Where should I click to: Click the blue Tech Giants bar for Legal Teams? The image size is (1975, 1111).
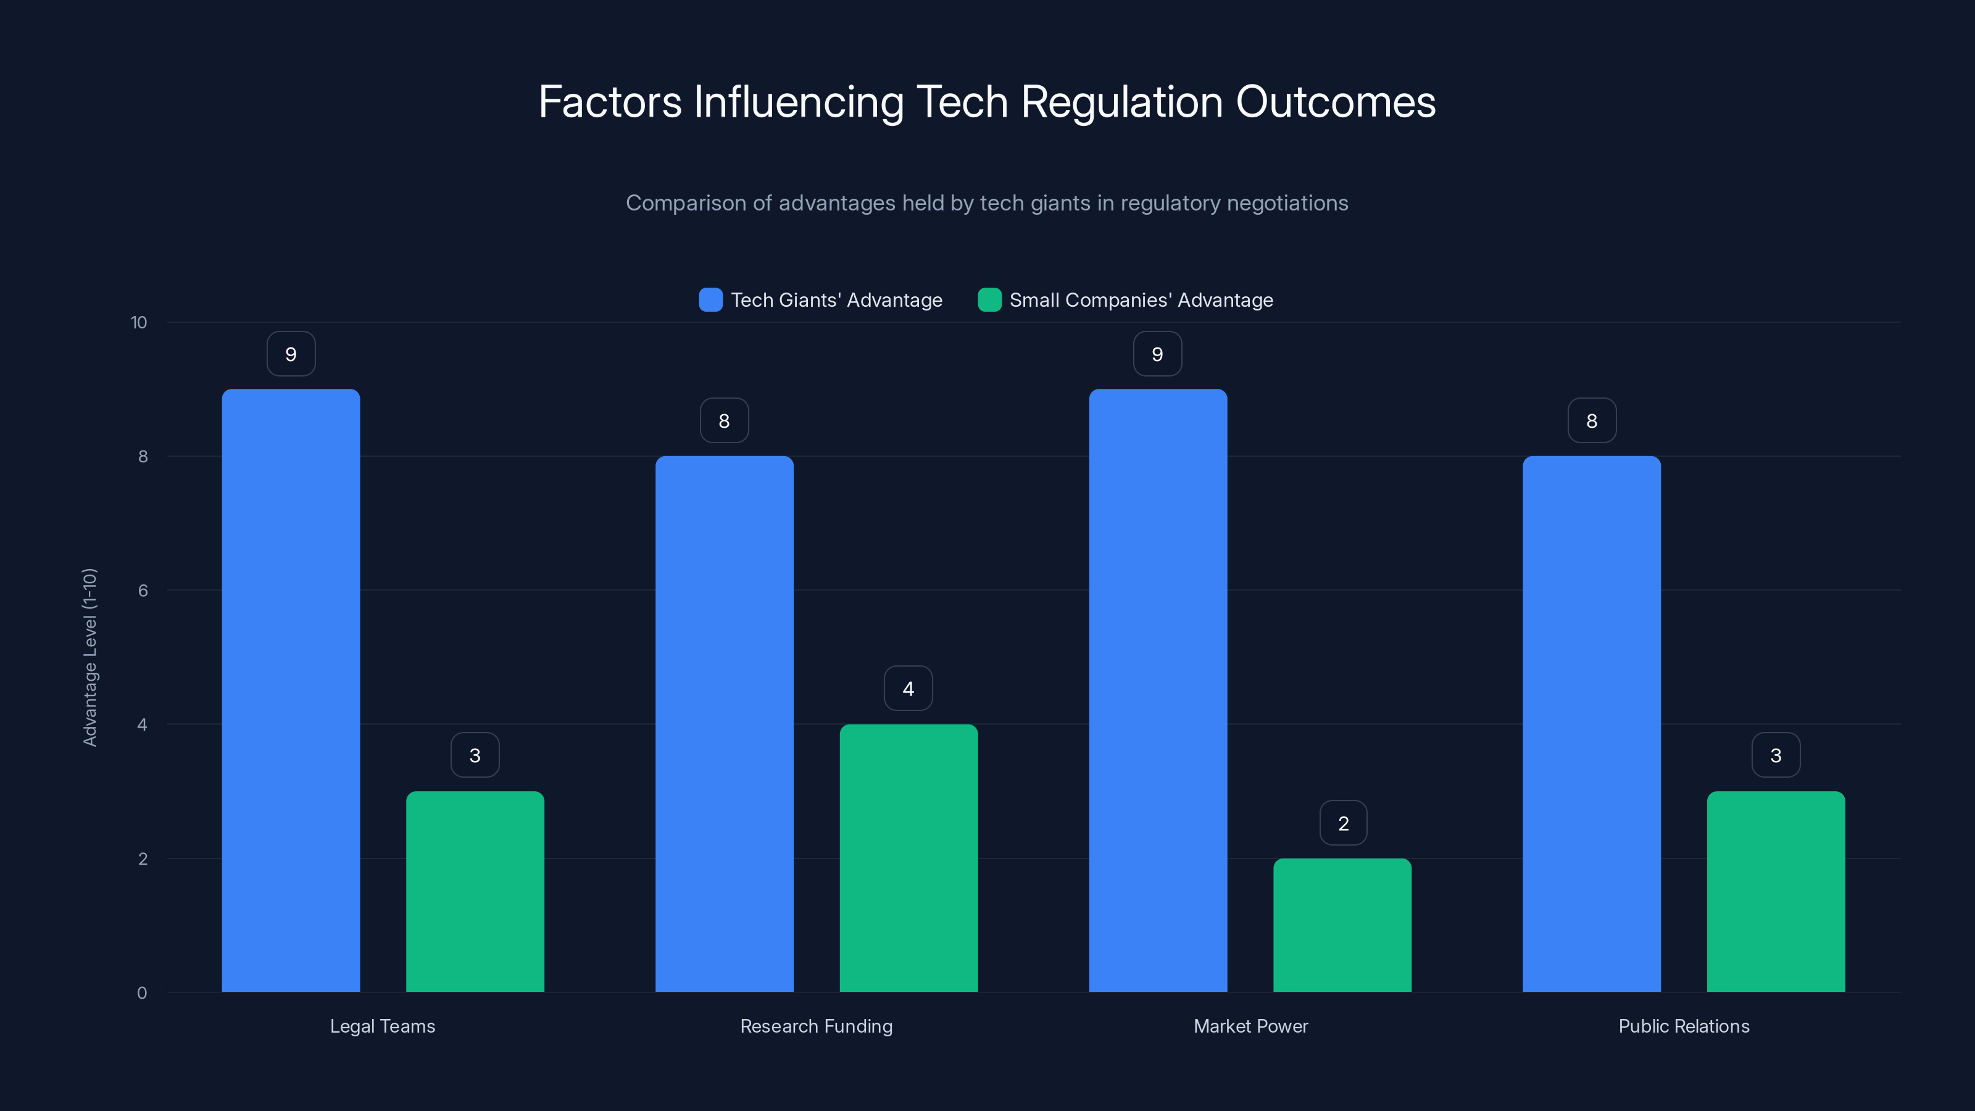coord(291,690)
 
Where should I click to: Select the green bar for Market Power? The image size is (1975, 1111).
coord(1342,925)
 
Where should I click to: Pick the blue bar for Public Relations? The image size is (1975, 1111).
coord(1592,724)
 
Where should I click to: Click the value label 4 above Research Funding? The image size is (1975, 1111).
coord(908,689)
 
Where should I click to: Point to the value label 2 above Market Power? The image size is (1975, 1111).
coord(1343,823)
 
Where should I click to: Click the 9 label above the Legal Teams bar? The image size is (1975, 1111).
coord(291,354)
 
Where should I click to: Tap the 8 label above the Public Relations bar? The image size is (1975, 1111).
coord(1592,421)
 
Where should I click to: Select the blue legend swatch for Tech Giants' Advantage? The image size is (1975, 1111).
coord(711,300)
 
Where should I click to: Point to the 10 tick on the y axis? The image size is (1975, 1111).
coord(139,322)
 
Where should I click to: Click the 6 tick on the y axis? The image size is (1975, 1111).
coord(143,591)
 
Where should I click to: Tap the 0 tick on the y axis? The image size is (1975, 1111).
coord(142,993)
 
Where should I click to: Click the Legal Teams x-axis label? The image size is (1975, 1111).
coord(383,1026)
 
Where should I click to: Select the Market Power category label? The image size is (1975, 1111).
coord(1250,1026)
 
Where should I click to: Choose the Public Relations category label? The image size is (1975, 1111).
coord(1684,1026)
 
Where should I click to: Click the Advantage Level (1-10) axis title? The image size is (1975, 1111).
coord(89,657)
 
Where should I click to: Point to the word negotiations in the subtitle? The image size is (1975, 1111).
coord(1287,203)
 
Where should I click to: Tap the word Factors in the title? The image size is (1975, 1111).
coord(610,102)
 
